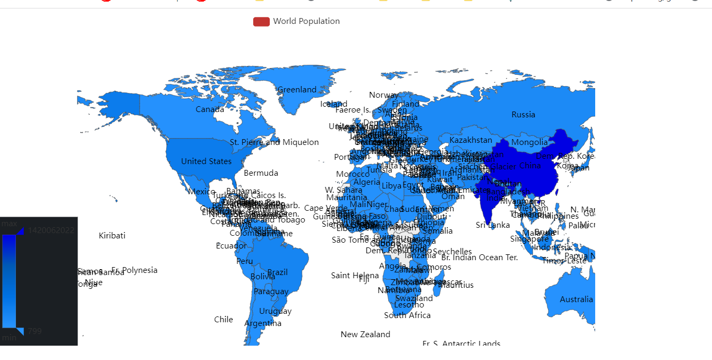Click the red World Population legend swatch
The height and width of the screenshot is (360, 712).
[261, 21]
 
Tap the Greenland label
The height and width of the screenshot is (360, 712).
[297, 90]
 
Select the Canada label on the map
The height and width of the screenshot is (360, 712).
[210, 109]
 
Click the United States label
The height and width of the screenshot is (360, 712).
[206, 161]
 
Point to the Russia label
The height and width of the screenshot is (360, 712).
[523, 115]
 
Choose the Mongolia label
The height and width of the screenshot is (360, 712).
[529, 142]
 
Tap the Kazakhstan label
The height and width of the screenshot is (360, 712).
[470, 140]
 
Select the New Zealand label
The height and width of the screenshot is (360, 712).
[365, 335]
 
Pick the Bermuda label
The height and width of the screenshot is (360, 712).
[261, 173]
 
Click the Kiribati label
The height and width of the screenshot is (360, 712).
[112, 236]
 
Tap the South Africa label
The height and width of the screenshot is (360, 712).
[407, 315]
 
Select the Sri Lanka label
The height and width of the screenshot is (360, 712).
[493, 225]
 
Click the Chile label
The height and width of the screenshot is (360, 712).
[224, 320]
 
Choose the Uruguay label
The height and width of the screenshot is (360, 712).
[275, 311]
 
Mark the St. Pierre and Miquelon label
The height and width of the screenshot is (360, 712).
[274, 142]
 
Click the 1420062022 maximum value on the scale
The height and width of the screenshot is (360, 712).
[51, 230]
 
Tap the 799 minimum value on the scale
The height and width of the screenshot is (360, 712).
[35, 331]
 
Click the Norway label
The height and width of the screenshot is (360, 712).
[383, 95]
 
